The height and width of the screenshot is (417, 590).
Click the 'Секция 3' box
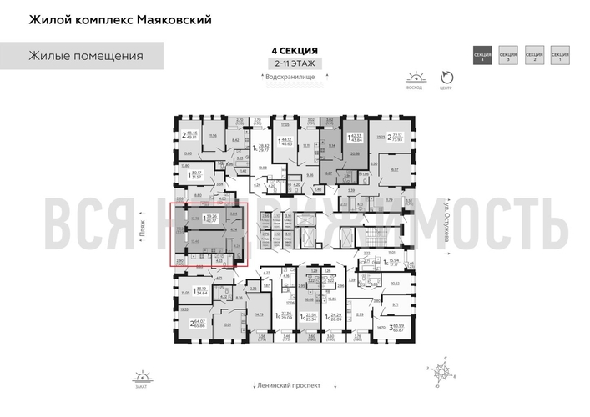coord(509,58)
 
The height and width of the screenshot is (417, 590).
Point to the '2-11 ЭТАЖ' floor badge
coord(285,63)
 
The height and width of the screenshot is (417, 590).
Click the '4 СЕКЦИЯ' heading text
coord(285,50)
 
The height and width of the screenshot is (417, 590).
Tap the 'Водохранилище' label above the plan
coord(285,78)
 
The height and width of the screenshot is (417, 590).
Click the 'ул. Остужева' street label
coord(432,225)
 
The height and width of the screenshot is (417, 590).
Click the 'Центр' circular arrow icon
coord(446,76)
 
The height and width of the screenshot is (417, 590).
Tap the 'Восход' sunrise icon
coord(414,78)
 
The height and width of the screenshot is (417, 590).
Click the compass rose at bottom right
coord(437,367)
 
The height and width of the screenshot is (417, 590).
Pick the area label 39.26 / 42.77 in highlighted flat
coord(212,219)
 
